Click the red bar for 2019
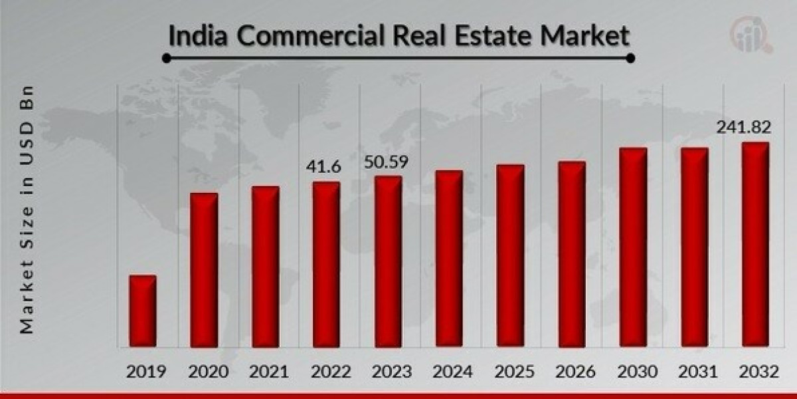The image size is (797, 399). point(143,311)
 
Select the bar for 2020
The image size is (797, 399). point(204,269)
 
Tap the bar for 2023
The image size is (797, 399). point(388,261)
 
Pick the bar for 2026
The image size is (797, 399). point(572,253)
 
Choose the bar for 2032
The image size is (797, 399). point(755,244)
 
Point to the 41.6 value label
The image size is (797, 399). point(324,168)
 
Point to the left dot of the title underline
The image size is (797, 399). point(167,59)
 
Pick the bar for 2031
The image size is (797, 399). point(694,247)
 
